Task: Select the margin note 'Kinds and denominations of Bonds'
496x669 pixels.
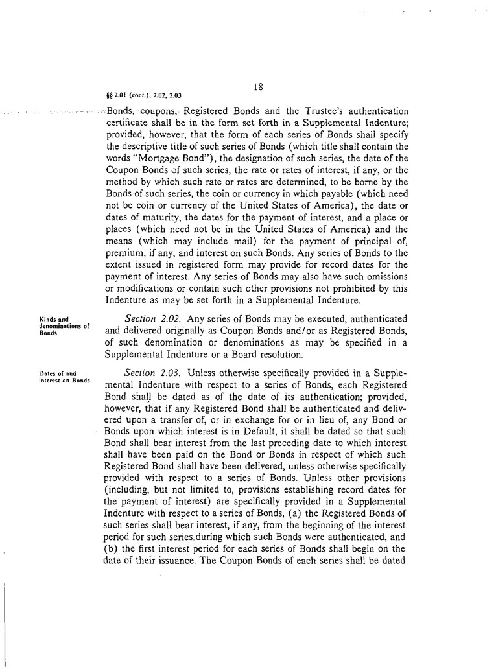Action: [64, 325]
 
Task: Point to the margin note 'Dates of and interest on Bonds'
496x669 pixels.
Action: [64, 377]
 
